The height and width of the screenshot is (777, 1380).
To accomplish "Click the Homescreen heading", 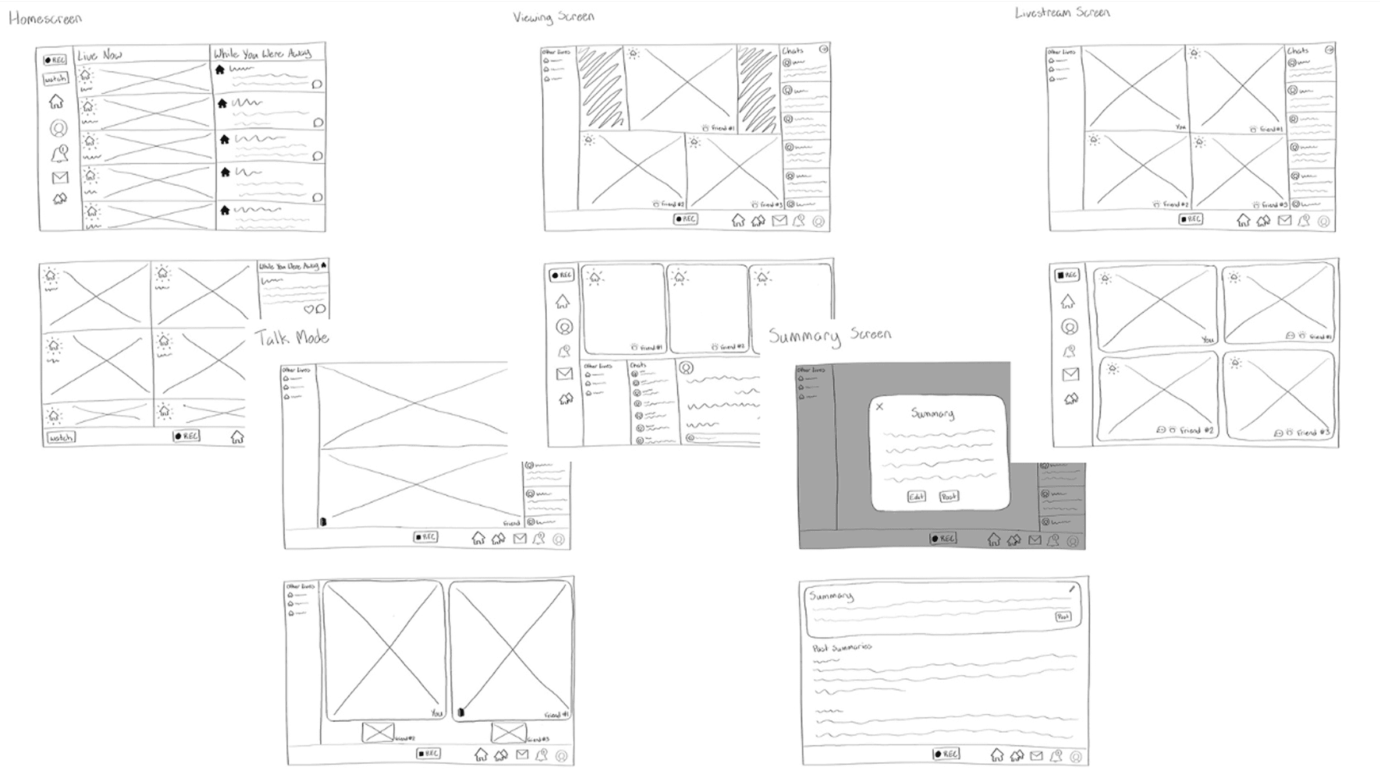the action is point(45,19).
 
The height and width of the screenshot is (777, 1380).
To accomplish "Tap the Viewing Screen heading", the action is point(553,17).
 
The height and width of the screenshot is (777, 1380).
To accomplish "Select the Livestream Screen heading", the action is point(1062,13).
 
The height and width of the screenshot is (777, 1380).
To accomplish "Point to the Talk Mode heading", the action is point(292,338).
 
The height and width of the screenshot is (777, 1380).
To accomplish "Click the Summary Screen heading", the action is point(830,335).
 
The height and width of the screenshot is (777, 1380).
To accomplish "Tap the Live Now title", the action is point(99,55).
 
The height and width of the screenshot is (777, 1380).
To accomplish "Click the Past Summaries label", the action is point(842,648).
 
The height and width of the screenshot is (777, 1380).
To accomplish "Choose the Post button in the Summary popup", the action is point(949,496).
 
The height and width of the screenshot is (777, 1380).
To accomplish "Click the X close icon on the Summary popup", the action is point(879,407).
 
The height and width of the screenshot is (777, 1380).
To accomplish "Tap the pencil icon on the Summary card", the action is point(1072,589).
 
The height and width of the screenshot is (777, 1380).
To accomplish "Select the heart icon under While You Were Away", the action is point(308,309).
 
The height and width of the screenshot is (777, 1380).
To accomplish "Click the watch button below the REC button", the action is point(56,78).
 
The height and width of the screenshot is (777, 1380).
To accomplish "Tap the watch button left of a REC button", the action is point(61,438).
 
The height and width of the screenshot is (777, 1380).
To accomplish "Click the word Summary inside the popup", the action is point(932,413).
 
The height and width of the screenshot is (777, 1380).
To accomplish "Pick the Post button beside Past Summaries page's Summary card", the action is point(1063,617).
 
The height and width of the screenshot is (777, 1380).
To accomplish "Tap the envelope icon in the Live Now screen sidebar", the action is point(60,178).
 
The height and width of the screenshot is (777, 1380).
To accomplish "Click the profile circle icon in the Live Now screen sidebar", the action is point(59,128).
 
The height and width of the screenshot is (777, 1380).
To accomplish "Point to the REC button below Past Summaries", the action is point(946,754).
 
